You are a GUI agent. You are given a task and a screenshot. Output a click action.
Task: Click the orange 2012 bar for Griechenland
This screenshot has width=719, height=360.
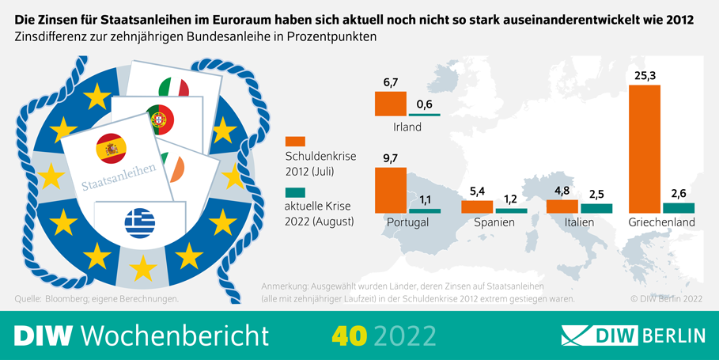click(644, 149)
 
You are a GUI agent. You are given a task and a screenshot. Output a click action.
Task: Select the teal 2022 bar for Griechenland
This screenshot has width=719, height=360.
click(679, 208)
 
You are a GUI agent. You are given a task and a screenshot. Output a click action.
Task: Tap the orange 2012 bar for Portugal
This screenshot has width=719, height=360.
click(390, 190)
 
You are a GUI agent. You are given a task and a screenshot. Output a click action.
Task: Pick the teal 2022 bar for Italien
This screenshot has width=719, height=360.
click(596, 209)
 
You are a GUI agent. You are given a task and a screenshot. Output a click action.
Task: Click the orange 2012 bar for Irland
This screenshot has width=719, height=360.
click(390, 104)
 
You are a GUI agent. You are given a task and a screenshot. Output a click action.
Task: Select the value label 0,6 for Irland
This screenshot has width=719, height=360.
click(424, 105)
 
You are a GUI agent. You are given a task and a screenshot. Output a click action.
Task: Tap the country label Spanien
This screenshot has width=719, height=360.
click(494, 223)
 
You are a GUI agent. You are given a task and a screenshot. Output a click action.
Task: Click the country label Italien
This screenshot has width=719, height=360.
click(579, 223)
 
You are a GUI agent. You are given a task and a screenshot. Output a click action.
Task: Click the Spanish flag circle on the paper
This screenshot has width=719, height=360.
click(110, 148)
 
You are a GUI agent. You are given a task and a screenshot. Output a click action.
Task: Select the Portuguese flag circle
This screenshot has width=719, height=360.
click(161, 119)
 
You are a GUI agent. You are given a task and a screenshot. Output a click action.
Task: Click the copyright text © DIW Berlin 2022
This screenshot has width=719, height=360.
click(666, 299)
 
